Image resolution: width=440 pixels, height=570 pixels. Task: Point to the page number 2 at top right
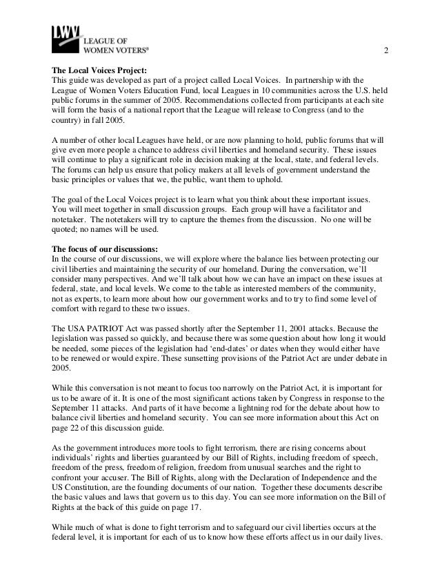[386, 55]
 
